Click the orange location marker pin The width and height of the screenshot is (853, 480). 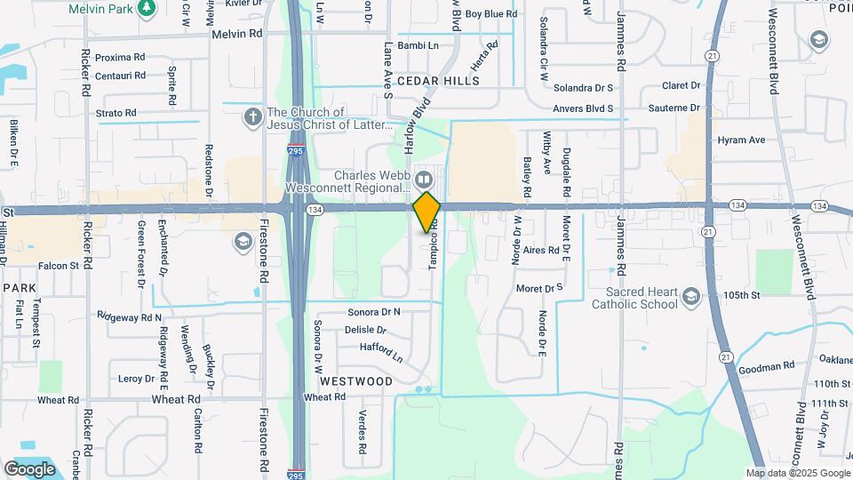click(x=426, y=212)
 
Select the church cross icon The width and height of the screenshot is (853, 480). click(x=252, y=117)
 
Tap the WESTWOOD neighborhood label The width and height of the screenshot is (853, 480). click(x=356, y=380)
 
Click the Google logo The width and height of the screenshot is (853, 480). click(x=29, y=468)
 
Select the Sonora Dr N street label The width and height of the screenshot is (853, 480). click(x=374, y=312)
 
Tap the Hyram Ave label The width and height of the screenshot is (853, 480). click(x=741, y=140)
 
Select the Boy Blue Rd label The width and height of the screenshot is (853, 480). click(x=490, y=14)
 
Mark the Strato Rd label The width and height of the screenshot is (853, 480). click(x=116, y=113)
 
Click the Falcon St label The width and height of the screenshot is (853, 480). click(x=59, y=265)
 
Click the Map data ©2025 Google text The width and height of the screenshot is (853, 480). click(x=798, y=473)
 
